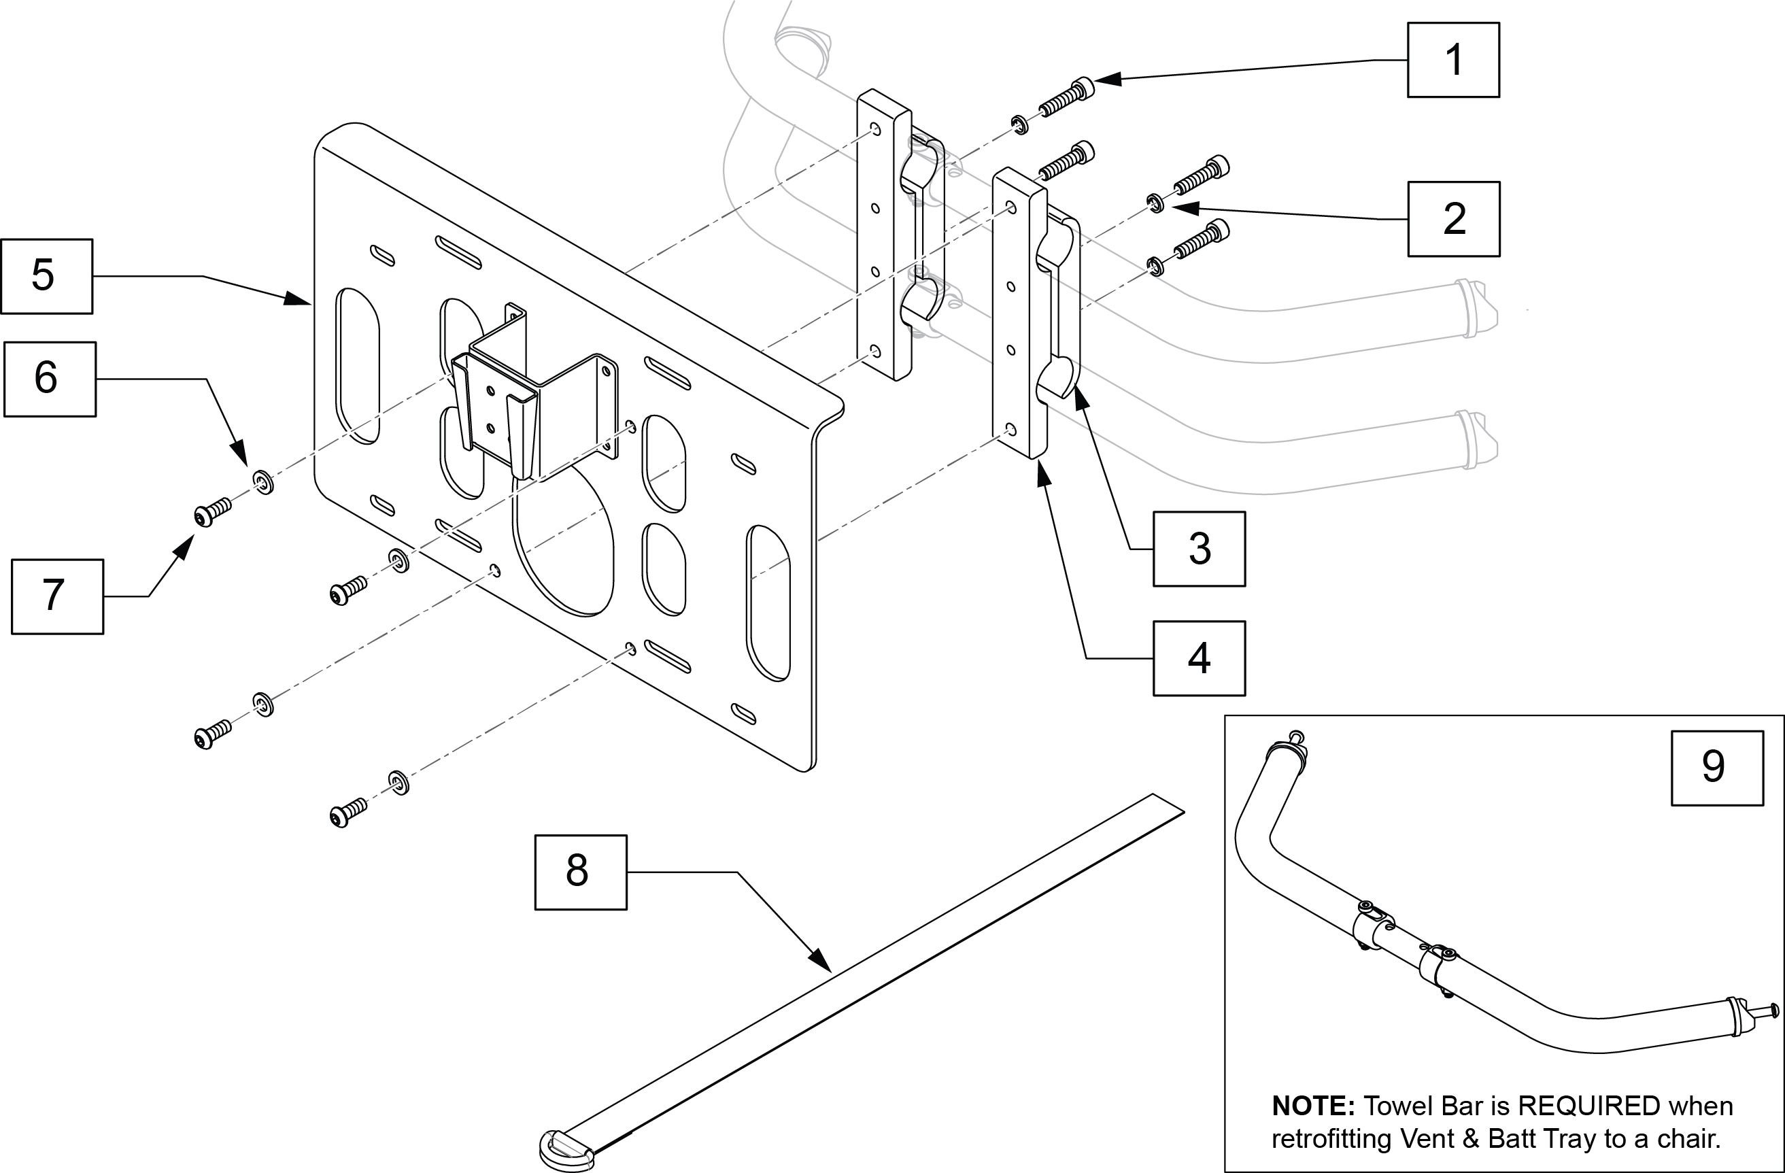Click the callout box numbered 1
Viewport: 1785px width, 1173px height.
(1452, 60)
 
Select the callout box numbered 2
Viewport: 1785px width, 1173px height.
(1454, 219)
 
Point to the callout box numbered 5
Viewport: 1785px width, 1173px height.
(46, 276)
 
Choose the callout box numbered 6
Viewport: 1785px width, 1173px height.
(50, 379)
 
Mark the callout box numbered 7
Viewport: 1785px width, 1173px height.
(57, 596)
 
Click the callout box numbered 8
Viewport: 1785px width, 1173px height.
(581, 872)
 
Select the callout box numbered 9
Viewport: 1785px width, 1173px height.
(1717, 768)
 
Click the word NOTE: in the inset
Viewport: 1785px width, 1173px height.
(1312, 1106)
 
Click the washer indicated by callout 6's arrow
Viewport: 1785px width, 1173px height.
(263, 481)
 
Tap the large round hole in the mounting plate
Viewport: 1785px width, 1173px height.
(564, 540)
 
